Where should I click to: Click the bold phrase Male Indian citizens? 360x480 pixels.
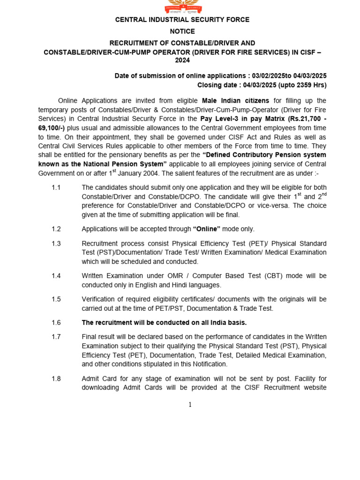[235, 101]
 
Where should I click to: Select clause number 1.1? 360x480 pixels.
[56, 187]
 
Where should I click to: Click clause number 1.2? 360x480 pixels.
[56, 229]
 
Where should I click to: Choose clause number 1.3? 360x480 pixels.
[56, 244]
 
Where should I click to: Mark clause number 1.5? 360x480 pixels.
[56, 300]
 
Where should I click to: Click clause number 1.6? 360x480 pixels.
[56, 323]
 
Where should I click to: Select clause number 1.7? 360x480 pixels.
[56, 337]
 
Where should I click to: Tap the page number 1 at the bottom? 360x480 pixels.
[190, 405]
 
